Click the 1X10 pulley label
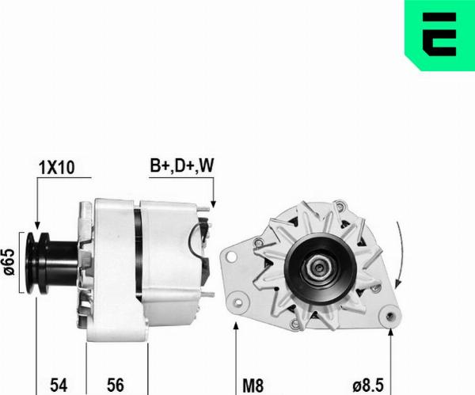[57, 168]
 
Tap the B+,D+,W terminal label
[182, 165]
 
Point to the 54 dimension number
[59, 385]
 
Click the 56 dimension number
[116, 385]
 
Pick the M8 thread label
[253, 386]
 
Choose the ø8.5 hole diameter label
[368, 386]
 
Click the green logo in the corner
[440, 35]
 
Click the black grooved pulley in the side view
[38, 263]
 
